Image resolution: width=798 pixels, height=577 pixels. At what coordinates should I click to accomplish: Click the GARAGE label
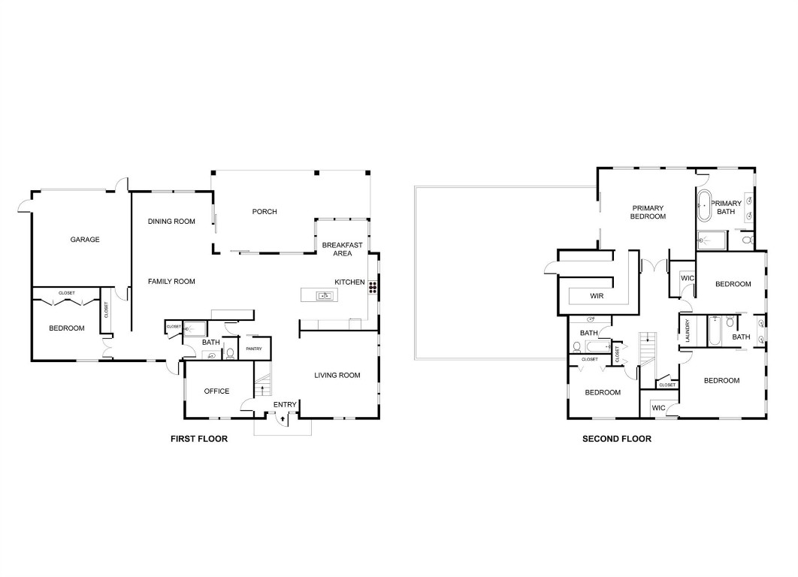pyautogui.click(x=85, y=240)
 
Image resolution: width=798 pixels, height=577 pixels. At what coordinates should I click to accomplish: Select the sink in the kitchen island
pyautogui.click(x=325, y=295)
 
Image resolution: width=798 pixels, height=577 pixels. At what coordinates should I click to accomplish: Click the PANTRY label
pyautogui.click(x=254, y=349)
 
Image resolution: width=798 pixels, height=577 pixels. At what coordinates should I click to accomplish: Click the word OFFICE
pyautogui.click(x=216, y=391)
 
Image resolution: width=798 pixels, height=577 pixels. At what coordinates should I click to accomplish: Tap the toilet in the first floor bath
pyautogui.click(x=231, y=352)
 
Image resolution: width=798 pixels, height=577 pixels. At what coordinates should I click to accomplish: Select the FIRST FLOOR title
pyautogui.click(x=199, y=439)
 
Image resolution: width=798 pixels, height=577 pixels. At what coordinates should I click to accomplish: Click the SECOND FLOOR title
pyautogui.click(x=617, y=439)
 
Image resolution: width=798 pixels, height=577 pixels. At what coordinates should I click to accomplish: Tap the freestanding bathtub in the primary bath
pyautogui.click(x=705, y=207)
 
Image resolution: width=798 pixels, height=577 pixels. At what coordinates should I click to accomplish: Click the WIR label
pyautogui.click(x=597, y=296)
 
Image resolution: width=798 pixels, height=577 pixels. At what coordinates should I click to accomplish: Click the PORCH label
pyautogui.click(x=264, y=212)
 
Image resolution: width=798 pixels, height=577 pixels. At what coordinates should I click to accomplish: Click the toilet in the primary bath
pyautogui.click(x=746, y=240)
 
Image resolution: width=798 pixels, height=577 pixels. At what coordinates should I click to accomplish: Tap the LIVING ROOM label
pyautogui.click(x=337, y=376)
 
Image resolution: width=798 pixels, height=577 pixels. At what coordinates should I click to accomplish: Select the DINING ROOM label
pyautogui.click(x=171, y=222)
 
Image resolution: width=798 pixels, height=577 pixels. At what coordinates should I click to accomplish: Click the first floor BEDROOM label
pyautogui.click(x=67, y=328)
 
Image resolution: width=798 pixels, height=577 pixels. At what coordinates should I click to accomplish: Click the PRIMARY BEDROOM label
pyautogui.click(x=648, y=212)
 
